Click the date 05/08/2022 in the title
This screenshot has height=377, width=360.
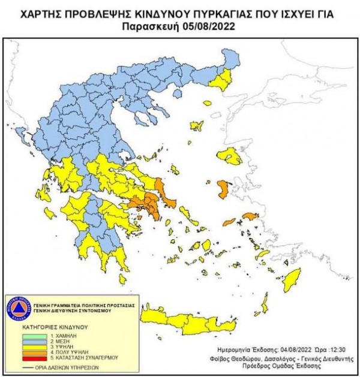tap(211, 26)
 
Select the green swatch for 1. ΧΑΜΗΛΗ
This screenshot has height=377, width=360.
tap(20, 334)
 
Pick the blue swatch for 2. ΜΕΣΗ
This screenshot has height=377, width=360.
tap(20, 340)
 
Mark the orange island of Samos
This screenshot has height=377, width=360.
tap(250, 216)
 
